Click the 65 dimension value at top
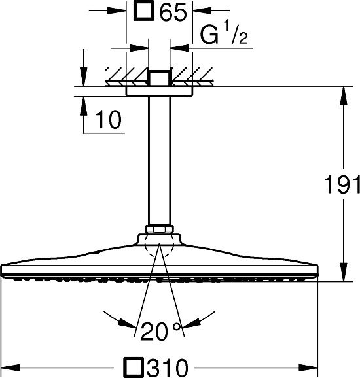[173, 11]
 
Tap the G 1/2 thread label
[224, 33]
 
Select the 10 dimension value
[109, 120]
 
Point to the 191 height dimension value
[342, 184]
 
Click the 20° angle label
[160, 331]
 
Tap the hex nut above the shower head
[159, 229]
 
